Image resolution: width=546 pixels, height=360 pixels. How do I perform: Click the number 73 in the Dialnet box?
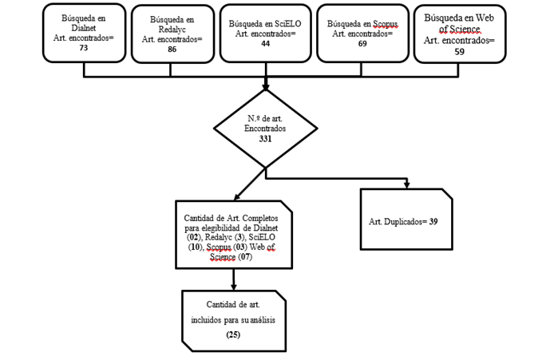(x=84, y=48)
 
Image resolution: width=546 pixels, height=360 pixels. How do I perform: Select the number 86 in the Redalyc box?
(x=172, y=49)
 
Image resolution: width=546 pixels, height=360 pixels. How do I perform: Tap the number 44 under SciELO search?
(x=265, y=44)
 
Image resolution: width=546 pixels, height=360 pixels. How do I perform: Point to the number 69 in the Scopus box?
(x=362, y=44)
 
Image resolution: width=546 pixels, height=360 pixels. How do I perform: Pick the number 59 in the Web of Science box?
(x=459, y=52)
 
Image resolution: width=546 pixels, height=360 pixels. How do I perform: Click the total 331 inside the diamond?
(x=265, y=139)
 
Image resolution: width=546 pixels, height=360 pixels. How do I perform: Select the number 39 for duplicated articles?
(x=433, y=221)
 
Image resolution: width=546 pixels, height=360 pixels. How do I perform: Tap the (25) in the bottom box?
(x=233, y=334)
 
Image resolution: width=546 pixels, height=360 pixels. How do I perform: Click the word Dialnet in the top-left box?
(x=84, y=28)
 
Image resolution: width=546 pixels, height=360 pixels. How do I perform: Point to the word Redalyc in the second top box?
(x=172, y=30)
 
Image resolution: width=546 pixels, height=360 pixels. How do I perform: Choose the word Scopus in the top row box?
(x=385, y=24)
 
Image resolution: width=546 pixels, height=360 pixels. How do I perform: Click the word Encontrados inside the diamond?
(x=265, y=129)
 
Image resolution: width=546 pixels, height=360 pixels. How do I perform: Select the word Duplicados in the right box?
(x=403, y=222)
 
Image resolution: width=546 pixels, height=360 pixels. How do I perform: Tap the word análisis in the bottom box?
(x=262, y=319)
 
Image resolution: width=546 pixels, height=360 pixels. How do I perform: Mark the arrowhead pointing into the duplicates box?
(x=406, y=184)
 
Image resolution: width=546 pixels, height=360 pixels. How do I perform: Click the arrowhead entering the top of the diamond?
(x=266, y=86)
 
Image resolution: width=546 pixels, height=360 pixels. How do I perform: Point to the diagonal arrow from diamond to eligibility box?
(x=250, y=184)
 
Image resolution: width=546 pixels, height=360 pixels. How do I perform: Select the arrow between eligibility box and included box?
(x=233, y=279)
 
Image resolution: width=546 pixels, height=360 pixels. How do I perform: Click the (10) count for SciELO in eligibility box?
(x=195, y=247)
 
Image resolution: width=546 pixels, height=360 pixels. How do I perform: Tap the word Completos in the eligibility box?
(x=260, y=218)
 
